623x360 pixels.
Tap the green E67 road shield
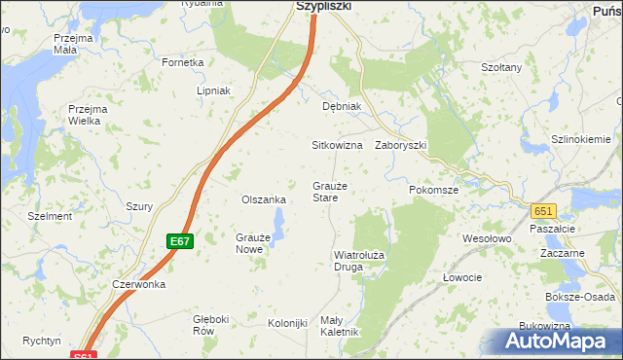click(x=178, y=241)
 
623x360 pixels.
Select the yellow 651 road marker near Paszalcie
click(x=543, y=211)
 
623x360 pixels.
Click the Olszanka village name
click(x=263, y=199)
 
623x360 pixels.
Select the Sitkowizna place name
click(x=337, y=145)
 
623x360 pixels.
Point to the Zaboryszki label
click(x=401, y=145)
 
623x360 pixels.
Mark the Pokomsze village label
click(x=433, y=191)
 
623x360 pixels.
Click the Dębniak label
click(x=342, y=106)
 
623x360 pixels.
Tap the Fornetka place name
click(x=183, y=62)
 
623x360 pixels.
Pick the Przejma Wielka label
click(x=87, y=115)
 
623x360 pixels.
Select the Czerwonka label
click(x=139, y=284)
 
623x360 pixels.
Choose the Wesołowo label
click(x=487, y=237)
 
